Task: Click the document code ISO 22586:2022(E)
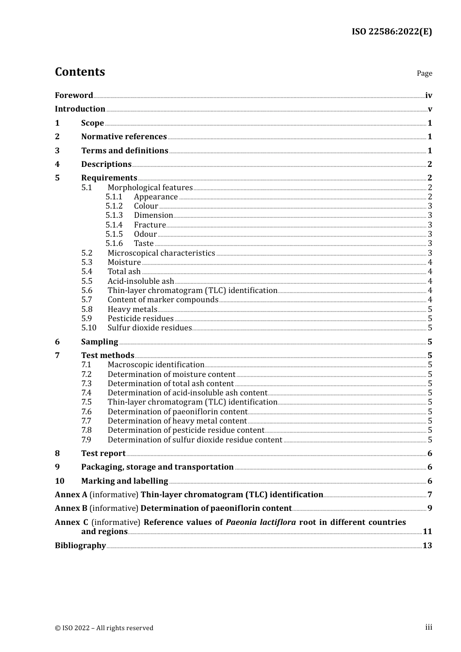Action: [x=392, y=32]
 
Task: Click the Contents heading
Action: [x=80, y=72]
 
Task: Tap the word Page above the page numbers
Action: [x=424, y=73]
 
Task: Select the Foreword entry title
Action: [x=74, y=95]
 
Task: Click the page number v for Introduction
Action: [x=429, y=109]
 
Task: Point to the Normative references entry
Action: [x=124, y=137]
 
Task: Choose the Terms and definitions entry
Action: [x=124, y=150]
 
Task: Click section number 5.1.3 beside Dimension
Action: [x=114, y=215]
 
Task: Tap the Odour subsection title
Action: [x=145, y=234]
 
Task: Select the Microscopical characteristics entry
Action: [x=161, y=253]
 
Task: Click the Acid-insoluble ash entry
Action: [x=141, y=281]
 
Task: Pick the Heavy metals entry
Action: [x=132, y=309]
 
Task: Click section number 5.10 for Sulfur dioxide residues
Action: [x=89, y=328]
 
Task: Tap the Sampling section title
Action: [x=99, y=342]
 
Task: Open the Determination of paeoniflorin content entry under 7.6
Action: [x=178, y=411]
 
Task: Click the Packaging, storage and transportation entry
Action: [x=157, y=467]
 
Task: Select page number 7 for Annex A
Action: [x=429, y=495]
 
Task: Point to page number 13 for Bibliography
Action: [x=427, y=545]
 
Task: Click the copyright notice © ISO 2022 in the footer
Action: [x=104, y=628]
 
